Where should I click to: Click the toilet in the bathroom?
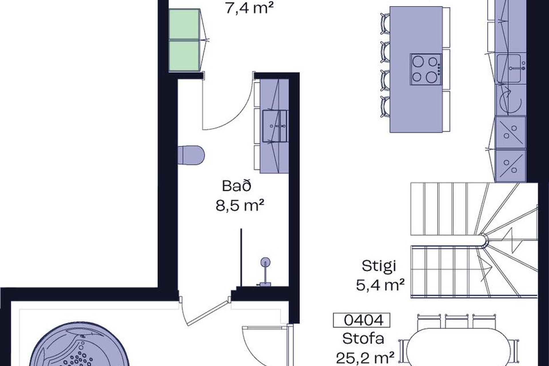click(191, 155)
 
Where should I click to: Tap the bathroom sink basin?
click(275, 126)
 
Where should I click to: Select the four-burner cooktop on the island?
click(426, 69)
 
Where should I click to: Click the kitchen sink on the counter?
click(511, 68)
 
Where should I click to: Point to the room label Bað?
click(237, 186)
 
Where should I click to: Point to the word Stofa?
click(363, 339)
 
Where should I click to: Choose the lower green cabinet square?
click(184, 56)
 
